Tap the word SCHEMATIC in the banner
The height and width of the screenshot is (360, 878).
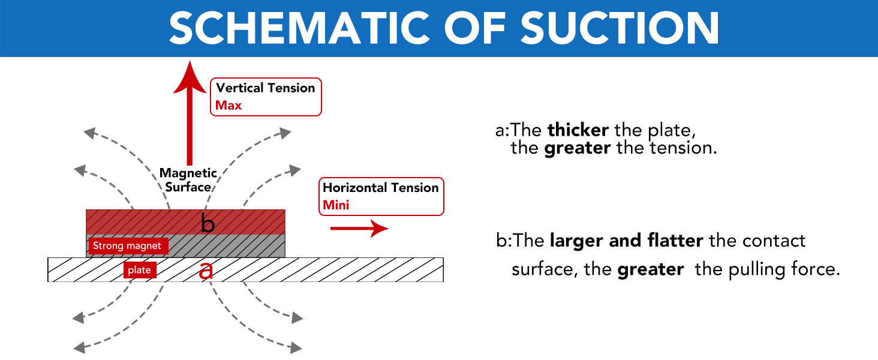(299, 28)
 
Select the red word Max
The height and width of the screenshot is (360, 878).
(228, 105)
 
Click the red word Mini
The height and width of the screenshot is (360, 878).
(335, 205)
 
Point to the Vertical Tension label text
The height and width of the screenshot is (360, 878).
(265, 88)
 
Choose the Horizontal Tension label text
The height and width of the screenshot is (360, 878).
(380, 187)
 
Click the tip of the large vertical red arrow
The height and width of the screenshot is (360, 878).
(190, 61)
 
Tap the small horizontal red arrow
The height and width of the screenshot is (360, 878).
(359, 228)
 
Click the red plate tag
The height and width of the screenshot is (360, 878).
(140, 270)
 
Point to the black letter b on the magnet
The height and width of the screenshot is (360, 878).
(208, 223)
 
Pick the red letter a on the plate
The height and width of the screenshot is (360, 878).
(206, 270)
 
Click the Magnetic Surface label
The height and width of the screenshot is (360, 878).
(188, 179)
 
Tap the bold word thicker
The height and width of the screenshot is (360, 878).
(578, 130)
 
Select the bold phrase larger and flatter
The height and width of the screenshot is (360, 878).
(626, 241)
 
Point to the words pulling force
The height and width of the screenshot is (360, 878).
(784, 269)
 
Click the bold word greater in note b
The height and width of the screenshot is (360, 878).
(651, 269)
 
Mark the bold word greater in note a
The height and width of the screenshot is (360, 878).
(578, 148)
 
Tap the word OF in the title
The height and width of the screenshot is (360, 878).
(474, 28)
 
